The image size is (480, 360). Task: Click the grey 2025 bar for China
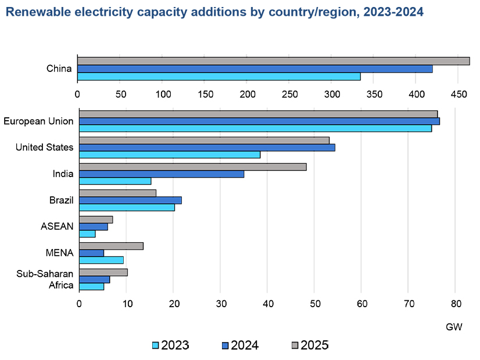click(273, 61)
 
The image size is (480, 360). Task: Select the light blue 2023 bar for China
click(218, 76)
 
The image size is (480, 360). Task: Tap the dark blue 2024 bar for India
click(162, 174)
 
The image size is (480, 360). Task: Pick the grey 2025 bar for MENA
click(111, 246)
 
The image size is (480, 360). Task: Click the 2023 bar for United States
click(170, 154)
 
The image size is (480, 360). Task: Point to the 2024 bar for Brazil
click(130, 200)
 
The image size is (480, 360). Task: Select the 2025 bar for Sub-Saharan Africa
click(103, 272)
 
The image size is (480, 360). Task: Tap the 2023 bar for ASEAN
click(87, 233)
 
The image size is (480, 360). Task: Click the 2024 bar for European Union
click(259, 121)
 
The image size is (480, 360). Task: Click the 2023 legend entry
click(170, 345)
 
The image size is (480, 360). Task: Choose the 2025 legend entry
click(310, 345)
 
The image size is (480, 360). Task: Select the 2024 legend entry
click(240, 345)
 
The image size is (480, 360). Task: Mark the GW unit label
click(454, 327)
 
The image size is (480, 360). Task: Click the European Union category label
click(38, 121)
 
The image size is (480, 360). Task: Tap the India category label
click(63, 174)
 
